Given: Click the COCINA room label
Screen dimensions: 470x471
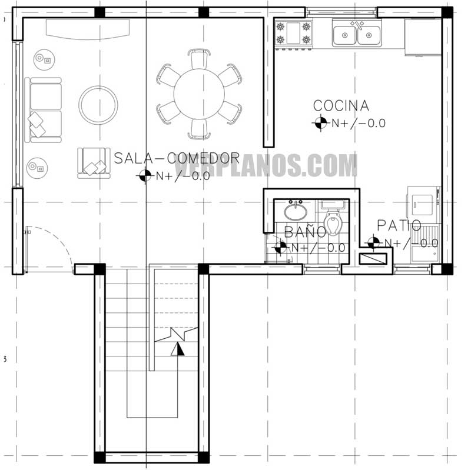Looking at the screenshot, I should click(x=341, y=106).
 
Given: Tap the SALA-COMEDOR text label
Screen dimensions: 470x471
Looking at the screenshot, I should click(x=177, y=158).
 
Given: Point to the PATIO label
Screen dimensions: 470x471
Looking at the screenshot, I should click(x=399, y=225).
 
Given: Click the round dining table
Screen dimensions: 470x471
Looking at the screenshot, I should click(x=199, y=94).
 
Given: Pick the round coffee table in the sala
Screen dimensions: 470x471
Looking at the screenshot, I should click(x=98, y=105).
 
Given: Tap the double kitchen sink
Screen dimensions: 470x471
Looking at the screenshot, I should click(x=356, y=34).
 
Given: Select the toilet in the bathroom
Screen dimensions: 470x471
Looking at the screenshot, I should click(x=334, y=224).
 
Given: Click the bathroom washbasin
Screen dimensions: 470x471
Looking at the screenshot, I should click(x=294, y=210).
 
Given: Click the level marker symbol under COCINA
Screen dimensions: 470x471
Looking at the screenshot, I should click(x=320, y=123).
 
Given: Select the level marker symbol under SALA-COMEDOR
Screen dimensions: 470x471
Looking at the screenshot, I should click(x=144, y=175).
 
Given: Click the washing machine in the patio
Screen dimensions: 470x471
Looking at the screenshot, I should click(x=424, y=203).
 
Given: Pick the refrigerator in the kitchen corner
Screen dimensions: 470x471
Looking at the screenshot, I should click(x=422, y=36).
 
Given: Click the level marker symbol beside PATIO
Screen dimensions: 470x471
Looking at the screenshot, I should click(x=373, y=242).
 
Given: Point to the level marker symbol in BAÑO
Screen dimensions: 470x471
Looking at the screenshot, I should click(x=281, y=247).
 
